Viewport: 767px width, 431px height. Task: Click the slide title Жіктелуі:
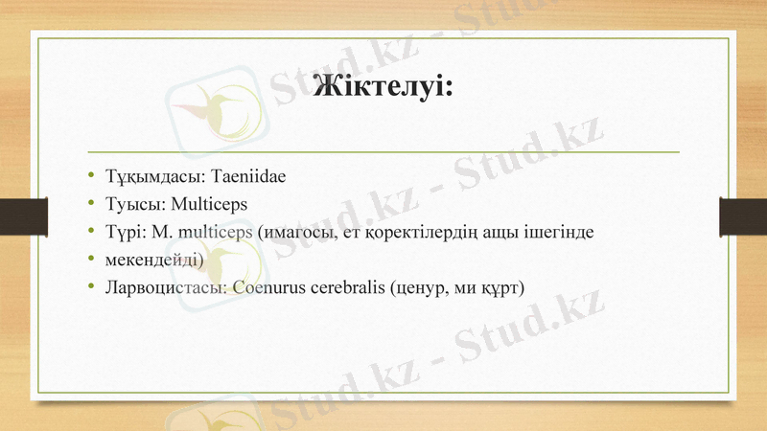tap(383, 88)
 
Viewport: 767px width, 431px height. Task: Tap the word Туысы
tap(134, 204)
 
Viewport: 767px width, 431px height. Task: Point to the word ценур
tap(419, 285)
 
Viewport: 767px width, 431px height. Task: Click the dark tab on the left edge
tap(15, 215)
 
